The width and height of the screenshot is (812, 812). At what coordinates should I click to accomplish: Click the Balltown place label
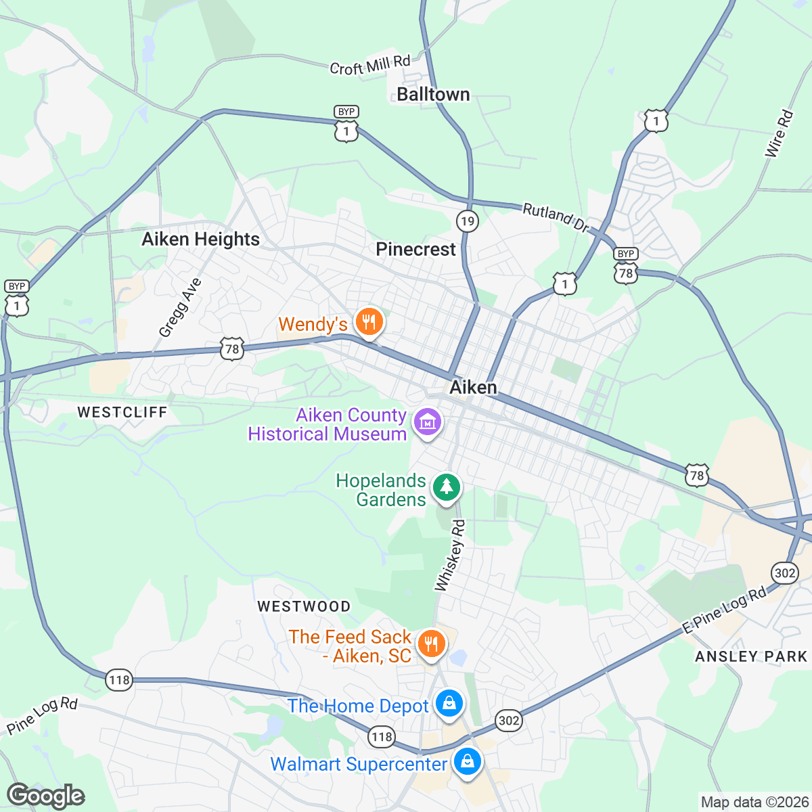pos(433,94)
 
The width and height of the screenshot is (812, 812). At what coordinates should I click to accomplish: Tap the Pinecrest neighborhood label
pos(415,249)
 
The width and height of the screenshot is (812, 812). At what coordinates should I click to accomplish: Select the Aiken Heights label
pos(200,239)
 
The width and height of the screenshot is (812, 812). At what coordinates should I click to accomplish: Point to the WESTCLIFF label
pos(122,412)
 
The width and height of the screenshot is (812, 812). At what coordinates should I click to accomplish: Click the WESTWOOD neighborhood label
pos(304,606)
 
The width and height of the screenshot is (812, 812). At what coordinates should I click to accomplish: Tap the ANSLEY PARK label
pos(751,656)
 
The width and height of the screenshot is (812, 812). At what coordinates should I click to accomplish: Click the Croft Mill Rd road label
pos(370,66)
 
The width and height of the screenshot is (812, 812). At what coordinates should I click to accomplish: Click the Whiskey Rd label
pos(451,556)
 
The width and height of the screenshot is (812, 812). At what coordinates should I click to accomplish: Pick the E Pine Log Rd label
pos(724,610)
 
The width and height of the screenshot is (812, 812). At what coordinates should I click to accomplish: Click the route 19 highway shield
pos(467,221)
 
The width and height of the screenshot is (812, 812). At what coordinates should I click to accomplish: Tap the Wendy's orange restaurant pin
pos(369,321)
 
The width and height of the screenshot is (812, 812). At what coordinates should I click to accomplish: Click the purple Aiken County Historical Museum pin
pos(428,423)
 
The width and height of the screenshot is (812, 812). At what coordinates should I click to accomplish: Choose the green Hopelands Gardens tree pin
pos(446,487)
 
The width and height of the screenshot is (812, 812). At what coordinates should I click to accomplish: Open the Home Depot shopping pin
pos(449,704)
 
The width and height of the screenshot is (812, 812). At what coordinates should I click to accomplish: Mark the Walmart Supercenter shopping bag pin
pos(467,762)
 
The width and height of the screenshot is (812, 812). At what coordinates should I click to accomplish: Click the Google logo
pos(46,796)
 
